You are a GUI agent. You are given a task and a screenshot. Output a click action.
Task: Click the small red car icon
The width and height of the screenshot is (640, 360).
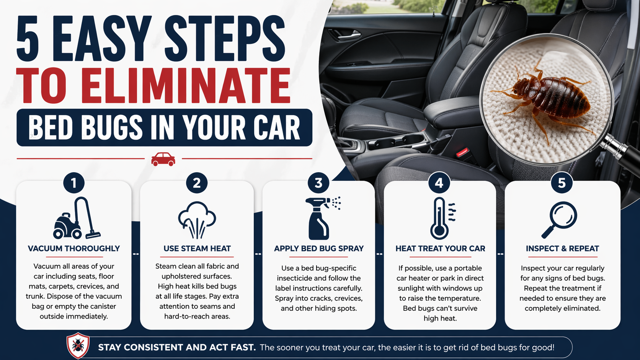(x=163, y=159)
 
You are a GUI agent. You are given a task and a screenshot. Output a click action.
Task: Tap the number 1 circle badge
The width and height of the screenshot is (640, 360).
(x=74, y=183)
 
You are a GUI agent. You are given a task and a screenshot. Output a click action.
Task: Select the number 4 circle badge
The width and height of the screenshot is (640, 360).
(x=439, y=183)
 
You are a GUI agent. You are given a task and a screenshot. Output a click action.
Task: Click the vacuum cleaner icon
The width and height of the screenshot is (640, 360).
(x=77, y=218)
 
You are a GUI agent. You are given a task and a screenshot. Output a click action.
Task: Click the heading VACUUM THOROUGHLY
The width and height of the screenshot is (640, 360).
(x=74, y=248)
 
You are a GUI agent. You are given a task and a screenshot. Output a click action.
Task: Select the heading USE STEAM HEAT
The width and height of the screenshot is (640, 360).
(x=197, y=248)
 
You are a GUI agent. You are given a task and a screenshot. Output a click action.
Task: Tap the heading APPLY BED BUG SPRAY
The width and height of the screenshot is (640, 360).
(x=319, y=248)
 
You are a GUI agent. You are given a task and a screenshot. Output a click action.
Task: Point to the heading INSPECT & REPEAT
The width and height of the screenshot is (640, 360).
(x=562, y=248)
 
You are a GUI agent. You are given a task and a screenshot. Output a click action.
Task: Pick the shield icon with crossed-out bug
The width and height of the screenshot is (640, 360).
(x=78, y=345)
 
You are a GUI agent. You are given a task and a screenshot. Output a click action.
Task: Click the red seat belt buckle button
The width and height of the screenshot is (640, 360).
(x=462, y=152)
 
